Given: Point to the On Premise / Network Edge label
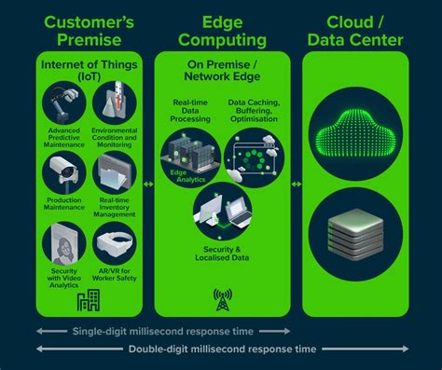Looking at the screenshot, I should [x=221, y=68].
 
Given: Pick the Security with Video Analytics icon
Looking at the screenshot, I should [x=64, y=245].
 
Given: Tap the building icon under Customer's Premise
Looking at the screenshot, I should [x=89, y=300].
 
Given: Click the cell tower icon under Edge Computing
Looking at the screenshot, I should [x=222, y=299].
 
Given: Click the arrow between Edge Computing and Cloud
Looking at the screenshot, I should [x=296, y=184].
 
